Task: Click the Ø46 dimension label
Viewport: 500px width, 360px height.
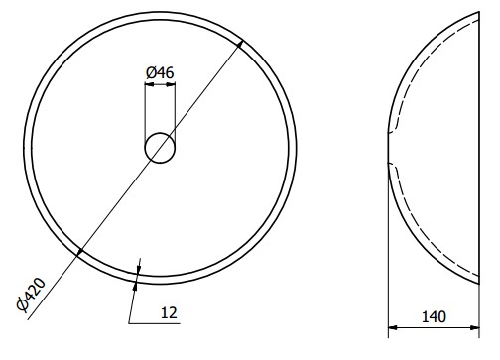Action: point(160,72)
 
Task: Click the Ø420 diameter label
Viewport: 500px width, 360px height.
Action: point(31,295)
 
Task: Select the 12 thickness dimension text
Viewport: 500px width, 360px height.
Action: point(169,313)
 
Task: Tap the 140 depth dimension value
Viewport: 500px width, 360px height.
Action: point(434,317)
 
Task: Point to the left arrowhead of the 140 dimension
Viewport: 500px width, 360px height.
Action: point(393,327)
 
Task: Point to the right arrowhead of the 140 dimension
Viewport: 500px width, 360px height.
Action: point(475,327)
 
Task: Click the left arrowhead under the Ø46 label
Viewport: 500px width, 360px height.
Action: point(150,84)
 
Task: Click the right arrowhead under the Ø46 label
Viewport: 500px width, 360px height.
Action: point(171,84)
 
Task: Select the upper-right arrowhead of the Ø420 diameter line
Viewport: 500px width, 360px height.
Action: point(241,44)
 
